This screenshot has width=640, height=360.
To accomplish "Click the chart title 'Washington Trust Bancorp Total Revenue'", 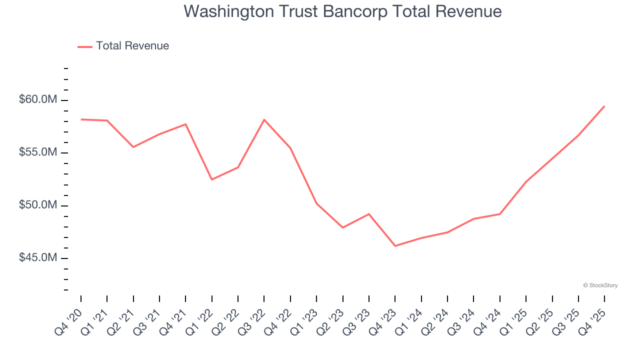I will (342, 11).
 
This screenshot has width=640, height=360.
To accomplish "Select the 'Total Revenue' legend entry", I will (132, 46).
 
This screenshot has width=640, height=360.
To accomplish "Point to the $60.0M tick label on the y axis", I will (38, 100).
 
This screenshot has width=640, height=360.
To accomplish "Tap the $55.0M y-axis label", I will (38, 152).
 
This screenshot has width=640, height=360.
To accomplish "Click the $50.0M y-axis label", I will (38, 205).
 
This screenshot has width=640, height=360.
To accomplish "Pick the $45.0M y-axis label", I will (38, 258).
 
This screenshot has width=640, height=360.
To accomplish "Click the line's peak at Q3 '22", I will (264, 119).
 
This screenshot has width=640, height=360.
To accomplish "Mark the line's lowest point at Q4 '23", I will (395, 246).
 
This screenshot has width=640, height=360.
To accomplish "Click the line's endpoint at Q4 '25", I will (604, 106).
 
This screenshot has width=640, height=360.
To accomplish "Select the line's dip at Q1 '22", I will (212, 179).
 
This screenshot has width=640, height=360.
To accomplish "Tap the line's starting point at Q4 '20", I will (81, 119).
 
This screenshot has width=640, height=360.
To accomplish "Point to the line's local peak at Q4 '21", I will (185, 124).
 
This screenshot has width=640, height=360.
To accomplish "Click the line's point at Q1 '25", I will (526, 182).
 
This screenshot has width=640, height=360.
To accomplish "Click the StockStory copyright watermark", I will (600, 285).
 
